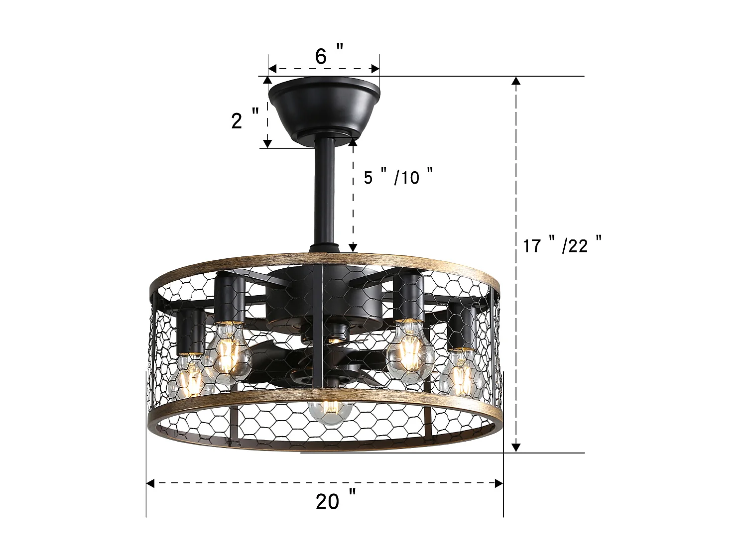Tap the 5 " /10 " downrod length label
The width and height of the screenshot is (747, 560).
click(x=398, y=177)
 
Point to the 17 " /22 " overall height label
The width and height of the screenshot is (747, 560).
click(x=562, y=245)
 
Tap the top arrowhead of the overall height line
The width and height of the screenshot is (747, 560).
click(x=516, y=81)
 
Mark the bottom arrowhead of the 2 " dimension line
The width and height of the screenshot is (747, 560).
click(x=267, y=143)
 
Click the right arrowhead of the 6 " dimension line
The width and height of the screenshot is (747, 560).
click(x=375, y=69)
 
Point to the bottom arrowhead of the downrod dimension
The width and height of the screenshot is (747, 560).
click(x=353, y=247)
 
